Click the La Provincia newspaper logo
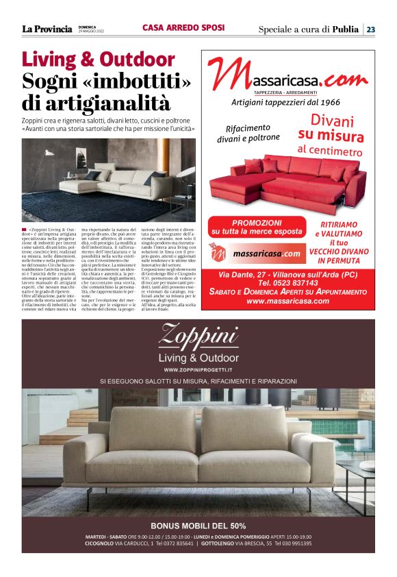point(47,29)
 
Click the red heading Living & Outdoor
point(98,59)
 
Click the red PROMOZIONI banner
point(257,227)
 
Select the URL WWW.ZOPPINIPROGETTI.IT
point(198,369)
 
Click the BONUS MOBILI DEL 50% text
point(198,526)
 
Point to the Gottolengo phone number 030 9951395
point(289,543)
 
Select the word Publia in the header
point(345,29)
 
